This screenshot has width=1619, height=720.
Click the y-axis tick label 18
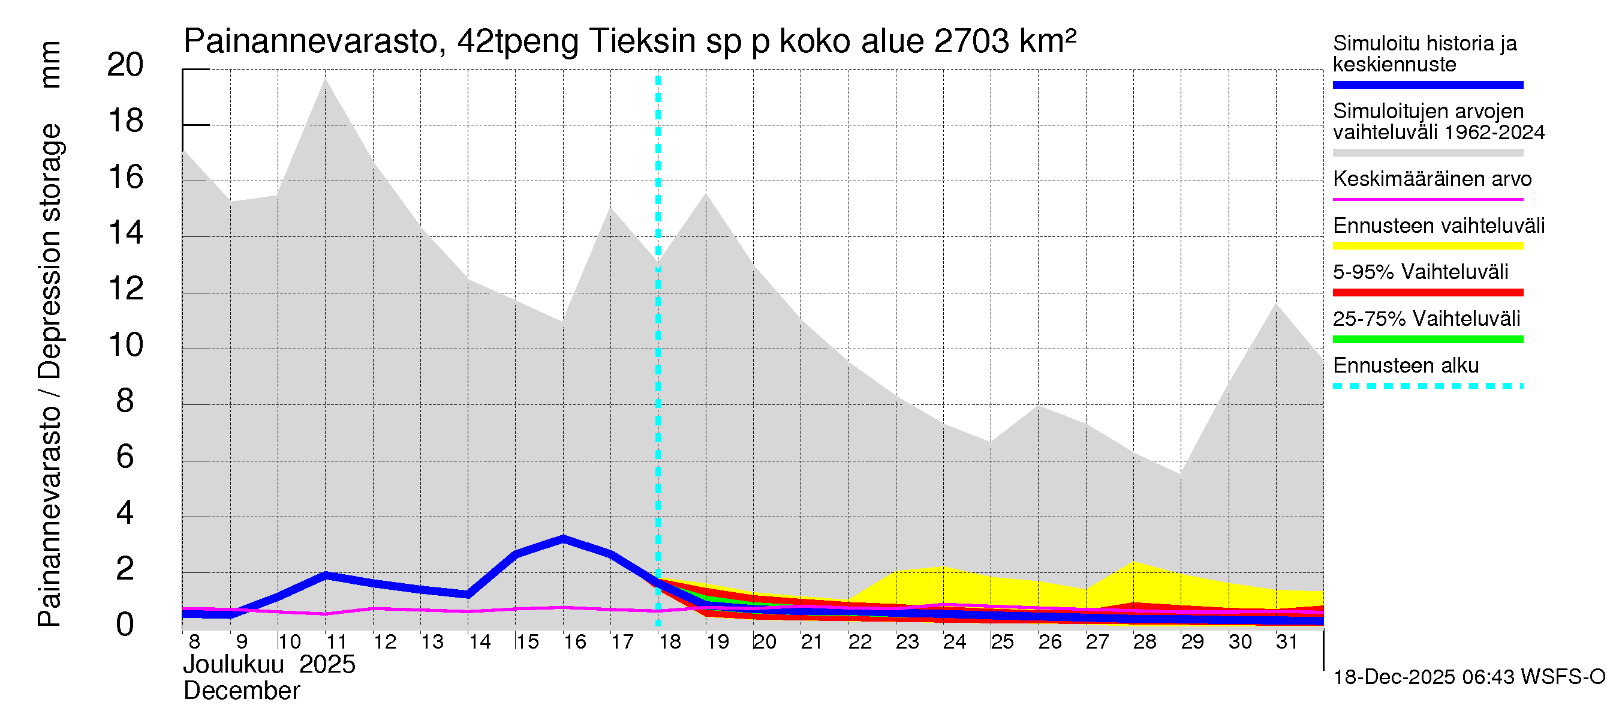click(126, 121)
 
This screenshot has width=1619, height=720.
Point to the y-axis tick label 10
click(126, 345)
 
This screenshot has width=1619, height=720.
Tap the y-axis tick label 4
click(125, 513)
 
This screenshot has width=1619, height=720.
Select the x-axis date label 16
click(574, 642)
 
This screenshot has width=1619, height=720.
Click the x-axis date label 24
click(954, 642)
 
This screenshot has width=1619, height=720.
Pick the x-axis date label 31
click(1287, 642)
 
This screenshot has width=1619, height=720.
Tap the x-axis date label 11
click(336, 642)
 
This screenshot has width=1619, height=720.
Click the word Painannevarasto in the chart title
click(311, 41)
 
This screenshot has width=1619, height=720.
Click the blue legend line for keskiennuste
click(1427, 85)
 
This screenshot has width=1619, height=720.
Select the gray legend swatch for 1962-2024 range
click(1427, 153)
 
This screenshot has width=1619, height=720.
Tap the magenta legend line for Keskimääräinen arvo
click(1427, 199)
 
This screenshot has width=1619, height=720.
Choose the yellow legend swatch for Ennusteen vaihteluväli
click(1427, 246)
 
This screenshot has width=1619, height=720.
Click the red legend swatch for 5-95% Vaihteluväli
click(1427, 292)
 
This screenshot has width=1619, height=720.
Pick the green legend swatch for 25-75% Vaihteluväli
click(1427, 340)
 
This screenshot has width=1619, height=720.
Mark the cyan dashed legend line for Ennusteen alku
click(1427, 385)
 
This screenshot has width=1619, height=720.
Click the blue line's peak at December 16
click(563, 539)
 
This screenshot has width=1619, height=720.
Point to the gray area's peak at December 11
click(325, 80)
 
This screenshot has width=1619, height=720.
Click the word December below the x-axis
click(241, 691)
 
